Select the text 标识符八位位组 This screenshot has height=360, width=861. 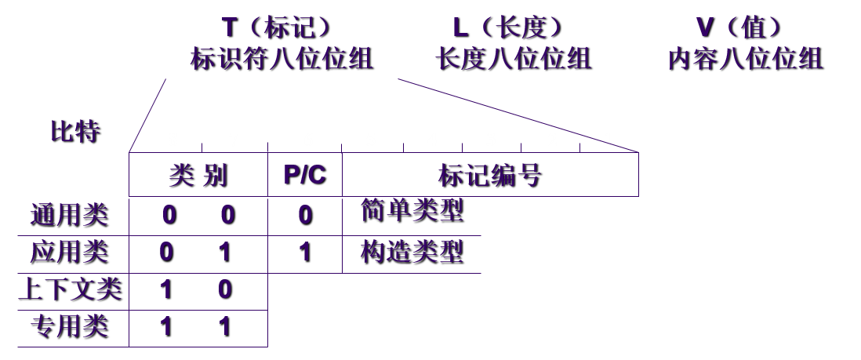click(282, 59)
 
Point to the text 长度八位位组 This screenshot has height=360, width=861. click(513, 59)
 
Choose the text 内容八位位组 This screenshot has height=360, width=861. click(744, 59)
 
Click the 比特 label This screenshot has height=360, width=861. click(74, 131)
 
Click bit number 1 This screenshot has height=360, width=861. click(608, 140)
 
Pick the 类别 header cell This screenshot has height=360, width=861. click(198, 175)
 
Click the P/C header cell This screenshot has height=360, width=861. click(304, 175)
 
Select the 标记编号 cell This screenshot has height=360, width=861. click(489, 175)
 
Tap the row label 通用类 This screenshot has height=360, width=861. click(68, 214)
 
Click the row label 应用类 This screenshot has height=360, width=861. click(68, 252)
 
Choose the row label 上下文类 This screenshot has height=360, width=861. click(70, 289)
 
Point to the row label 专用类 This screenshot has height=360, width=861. click(68, 325)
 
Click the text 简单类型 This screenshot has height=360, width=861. click(412, 210)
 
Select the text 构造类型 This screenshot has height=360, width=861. click(412, 252)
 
